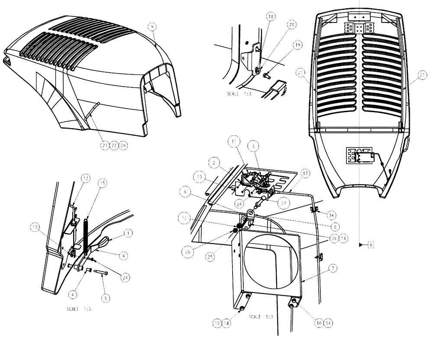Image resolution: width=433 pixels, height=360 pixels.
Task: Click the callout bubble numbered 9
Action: point(152,27)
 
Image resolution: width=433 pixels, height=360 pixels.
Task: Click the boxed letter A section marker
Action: point(371,244)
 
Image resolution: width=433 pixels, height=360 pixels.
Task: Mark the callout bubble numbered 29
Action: point(123,146)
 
